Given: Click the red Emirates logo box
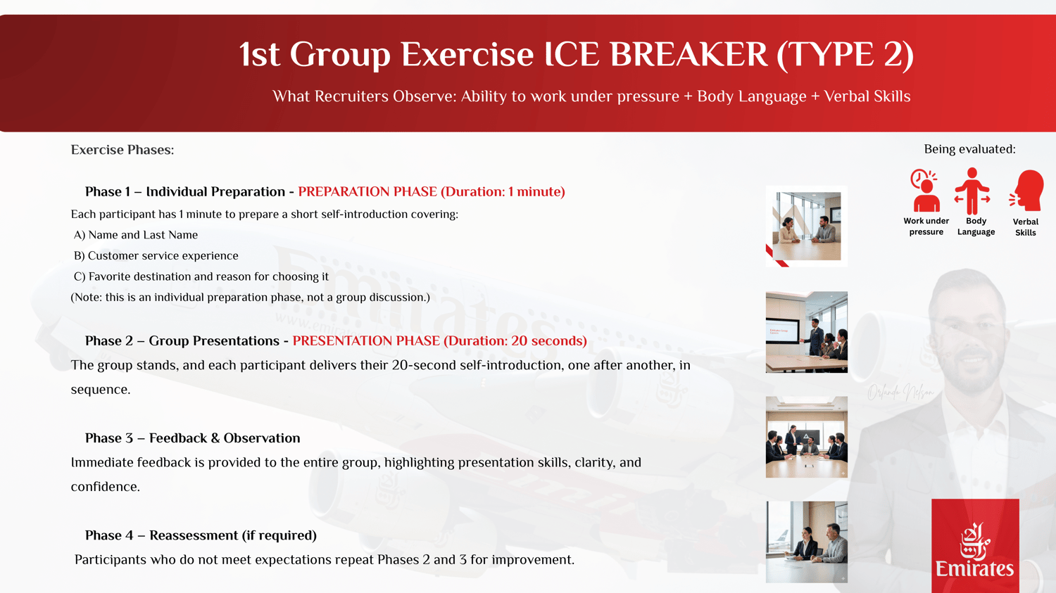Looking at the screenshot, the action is (975, 545).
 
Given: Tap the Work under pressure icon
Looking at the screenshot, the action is (926, 191).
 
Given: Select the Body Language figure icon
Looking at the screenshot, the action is (972, 191).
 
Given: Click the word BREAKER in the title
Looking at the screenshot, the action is (689, 55).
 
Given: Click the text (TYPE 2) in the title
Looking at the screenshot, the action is (845, 56).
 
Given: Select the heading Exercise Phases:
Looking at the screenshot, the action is (122, 150).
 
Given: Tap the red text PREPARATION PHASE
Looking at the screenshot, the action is (367, 192).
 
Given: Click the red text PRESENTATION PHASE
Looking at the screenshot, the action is (366, 340).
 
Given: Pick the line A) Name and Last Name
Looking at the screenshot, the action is (136, 234).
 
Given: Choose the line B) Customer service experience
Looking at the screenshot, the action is (156, 255).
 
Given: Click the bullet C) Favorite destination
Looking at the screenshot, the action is (201, 276).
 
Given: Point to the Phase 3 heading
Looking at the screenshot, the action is (192, 438).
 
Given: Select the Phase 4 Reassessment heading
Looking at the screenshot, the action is (201, 535).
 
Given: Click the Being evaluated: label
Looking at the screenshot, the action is (969, 149).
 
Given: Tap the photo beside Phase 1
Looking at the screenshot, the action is (807, 226).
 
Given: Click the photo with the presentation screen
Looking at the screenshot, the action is (807, 332).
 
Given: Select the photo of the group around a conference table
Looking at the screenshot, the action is (807, 437).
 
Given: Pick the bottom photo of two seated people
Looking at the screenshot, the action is (807, 542).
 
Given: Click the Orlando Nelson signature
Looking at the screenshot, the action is (900, 392).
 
